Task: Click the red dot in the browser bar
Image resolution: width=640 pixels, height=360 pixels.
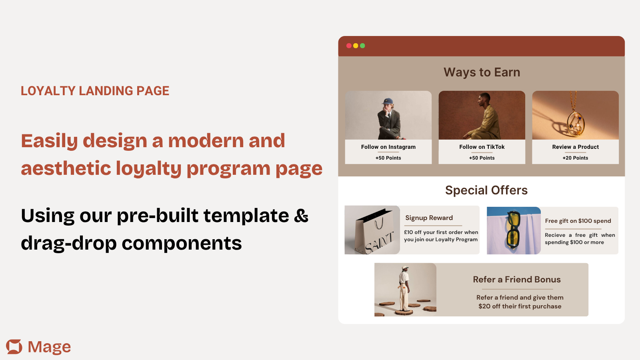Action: click(349, 46)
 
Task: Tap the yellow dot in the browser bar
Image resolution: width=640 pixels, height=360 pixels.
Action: click(356, 46)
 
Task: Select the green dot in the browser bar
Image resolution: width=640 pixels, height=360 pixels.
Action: click(362, 46)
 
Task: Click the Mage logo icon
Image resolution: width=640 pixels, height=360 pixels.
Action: click(14, 346)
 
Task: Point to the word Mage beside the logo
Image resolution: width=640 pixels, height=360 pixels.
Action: click(49, 347)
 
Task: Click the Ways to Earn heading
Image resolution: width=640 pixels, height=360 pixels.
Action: click(482, 72)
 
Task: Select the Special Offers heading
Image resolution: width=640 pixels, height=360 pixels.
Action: click(486, 190)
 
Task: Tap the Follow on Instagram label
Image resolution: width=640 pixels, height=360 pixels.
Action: click(388, 147)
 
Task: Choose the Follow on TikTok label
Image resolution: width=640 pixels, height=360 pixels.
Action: click(482, 147)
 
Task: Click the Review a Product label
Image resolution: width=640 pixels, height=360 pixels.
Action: click(576, 147)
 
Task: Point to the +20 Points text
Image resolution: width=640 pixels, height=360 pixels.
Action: click(576, 158)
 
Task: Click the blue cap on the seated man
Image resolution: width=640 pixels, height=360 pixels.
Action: click(388, 101)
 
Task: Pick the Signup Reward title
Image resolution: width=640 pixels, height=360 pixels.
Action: click(429, 218)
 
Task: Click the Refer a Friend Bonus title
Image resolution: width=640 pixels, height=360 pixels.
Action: click(517, 280)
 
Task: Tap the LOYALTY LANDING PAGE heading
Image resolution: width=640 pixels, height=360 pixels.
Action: click(95, 91)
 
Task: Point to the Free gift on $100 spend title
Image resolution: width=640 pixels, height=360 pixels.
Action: click(578, 221)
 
